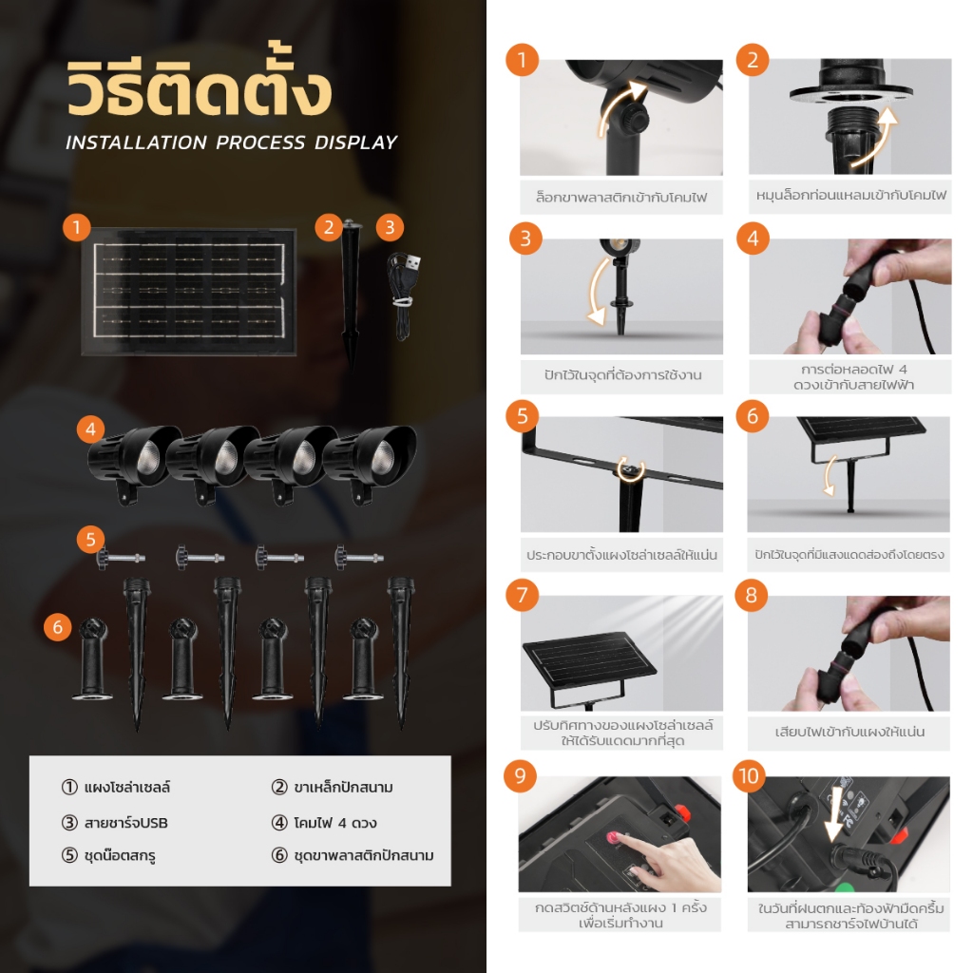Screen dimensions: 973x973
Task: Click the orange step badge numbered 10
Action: pyautogui.click(x=750, y=775)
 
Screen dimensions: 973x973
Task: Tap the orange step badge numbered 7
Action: pyautogui.click(x=522, y=595)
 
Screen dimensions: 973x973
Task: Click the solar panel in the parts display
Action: pyautogui.click(x=189, y=292)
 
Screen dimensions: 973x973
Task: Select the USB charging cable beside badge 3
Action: pyautogui.click(x=404, y=296)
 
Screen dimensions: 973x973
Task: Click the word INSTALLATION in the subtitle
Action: pyautogui.click(x=137, y=143)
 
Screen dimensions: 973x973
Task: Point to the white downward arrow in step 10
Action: pyautogui.click(x=834, y=814)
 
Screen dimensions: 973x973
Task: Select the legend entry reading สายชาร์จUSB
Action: pyautogui.click(x=115, y=823)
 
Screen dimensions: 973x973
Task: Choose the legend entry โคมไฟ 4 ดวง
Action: pyautogui.click(x=325, y=823)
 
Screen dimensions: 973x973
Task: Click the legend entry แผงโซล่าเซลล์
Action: pyautogui.click(x=116, y=787)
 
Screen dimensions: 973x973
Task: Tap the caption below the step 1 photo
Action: pyautogui.click(x=621, y=198)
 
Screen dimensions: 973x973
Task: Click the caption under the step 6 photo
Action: pyautogui.click(x=849, y=554)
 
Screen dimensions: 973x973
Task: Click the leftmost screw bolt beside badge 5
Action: pyautogui.click(x=121, y=557)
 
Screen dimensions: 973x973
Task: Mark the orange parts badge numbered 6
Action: pyautogui.click(x=58, y=627)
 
